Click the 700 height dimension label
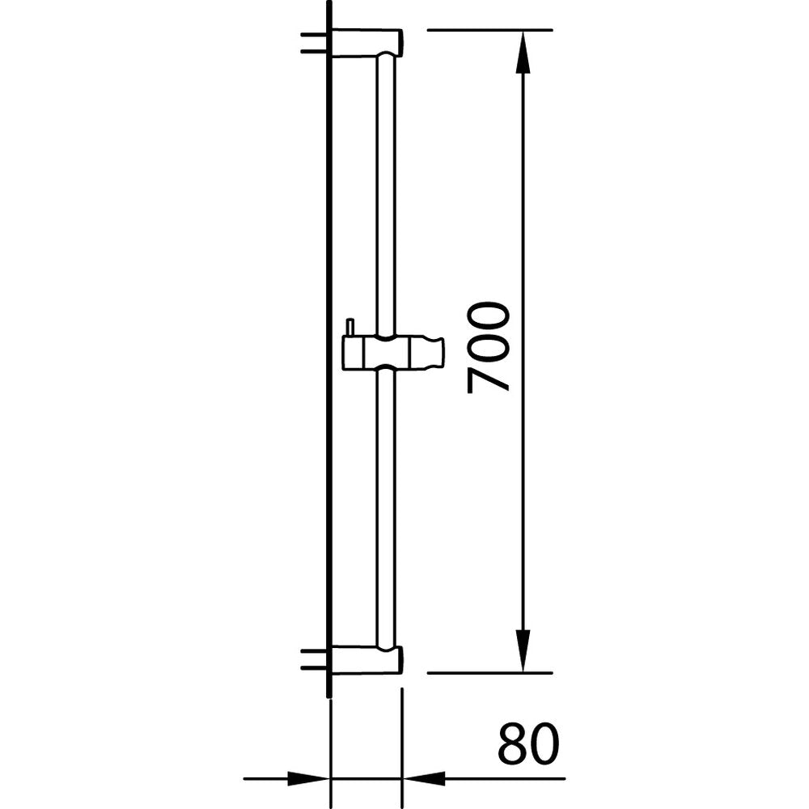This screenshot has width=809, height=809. (489, 347)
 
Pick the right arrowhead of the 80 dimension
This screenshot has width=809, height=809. (422, 780)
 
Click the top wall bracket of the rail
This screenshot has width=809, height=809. (366, 43)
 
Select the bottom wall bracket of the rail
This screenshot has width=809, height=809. (366, 660)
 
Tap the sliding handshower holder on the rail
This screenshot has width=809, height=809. (393, 353)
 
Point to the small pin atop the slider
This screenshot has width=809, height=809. (349, 327)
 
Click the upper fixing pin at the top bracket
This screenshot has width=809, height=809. (312, 36)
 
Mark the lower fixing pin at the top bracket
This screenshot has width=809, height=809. (312, 51)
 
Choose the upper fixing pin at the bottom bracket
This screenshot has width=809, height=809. (312, 651)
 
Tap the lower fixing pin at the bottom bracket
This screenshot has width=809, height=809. (312, 667)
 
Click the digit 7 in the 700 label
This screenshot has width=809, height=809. (489, 378)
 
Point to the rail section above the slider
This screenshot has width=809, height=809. (385, 194)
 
